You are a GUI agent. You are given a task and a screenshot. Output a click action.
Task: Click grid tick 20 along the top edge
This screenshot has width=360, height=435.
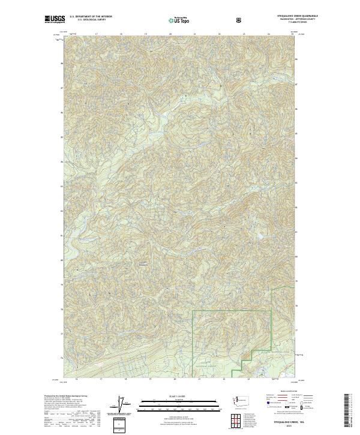tap(170, 34)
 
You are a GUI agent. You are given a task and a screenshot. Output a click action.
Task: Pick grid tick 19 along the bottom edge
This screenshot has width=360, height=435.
tap(149, 380)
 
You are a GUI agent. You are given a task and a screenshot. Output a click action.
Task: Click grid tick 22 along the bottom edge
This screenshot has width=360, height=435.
tap(223, 380)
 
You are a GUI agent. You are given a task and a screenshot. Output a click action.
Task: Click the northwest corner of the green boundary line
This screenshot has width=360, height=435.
tap(193, 311)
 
